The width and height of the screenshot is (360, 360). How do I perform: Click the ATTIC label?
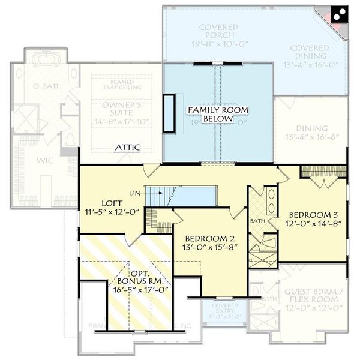point(128,146)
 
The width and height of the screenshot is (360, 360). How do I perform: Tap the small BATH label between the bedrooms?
point(257,221)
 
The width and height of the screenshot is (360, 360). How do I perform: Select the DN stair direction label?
point(136,193)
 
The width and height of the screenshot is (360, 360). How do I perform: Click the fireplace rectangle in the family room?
point(171,113)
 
